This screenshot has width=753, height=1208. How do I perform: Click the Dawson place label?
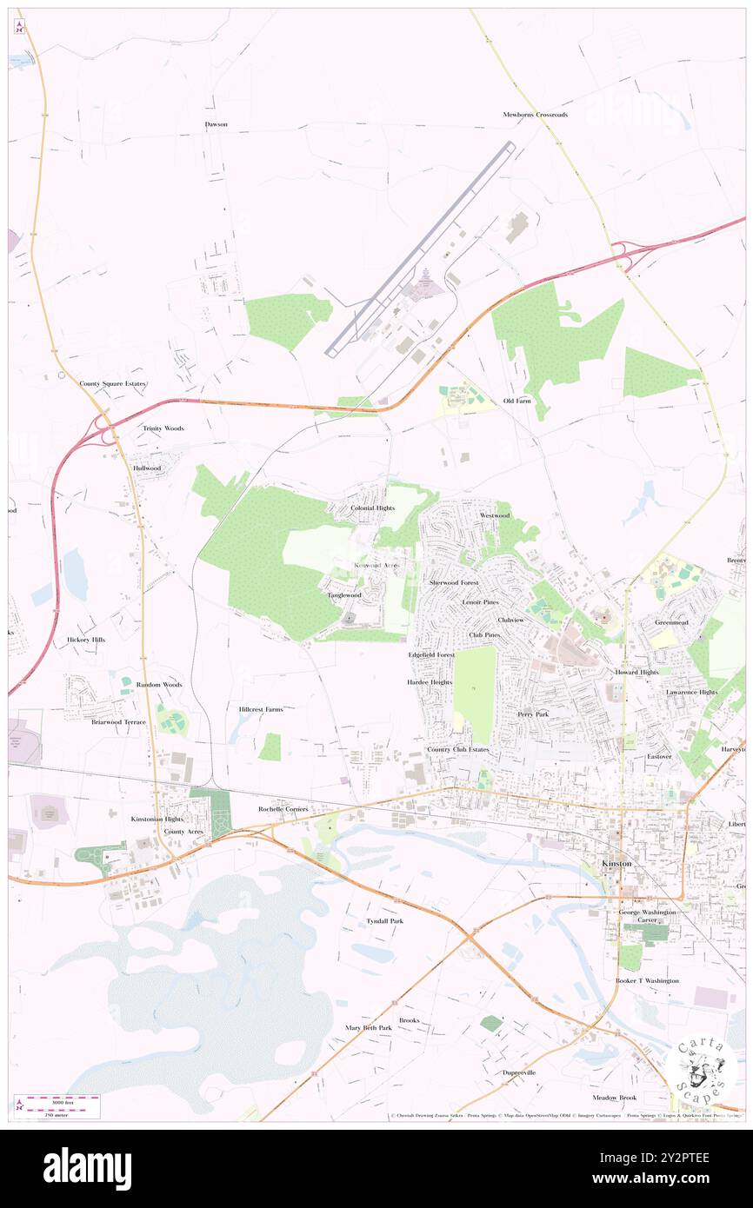pyautogui.click(x=216, y=124)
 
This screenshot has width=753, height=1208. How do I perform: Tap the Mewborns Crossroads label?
pyautogui.click(x=535, y=115)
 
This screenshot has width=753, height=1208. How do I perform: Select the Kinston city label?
pyautogui.click(x=617, y=863)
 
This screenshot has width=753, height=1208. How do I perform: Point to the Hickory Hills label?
pyautogui.click(x=85, y=640)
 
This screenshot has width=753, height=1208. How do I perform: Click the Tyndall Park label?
pyautogui.click(x=384, y=920)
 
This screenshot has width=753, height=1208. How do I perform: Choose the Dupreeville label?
pyautogui.click(x=519, y=1072)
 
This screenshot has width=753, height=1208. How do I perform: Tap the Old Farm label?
pyautogui.click(x=516, y=401)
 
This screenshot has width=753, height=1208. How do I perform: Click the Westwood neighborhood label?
pyautogui.click(x=495, y=515)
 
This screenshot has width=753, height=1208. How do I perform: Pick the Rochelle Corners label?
pyautogui.click(x=283, y=809)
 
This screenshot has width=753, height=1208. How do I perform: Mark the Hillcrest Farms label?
pyautogui.click(x=261, y=709)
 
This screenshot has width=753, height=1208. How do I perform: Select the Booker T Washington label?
pyautogui.click(x=647, y=980)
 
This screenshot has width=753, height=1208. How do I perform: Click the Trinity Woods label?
pyautogui.click(x=163, y=428)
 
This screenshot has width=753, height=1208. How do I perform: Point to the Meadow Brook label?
pyautogui.click(x=615, y=1098)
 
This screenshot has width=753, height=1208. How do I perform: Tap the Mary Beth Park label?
pyautogui.click(x=369, y=1027)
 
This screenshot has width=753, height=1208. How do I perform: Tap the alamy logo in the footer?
pyautogui.click(x=87, y=1169)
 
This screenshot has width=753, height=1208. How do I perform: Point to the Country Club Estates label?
pyautogui.click(x=457, y=749)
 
